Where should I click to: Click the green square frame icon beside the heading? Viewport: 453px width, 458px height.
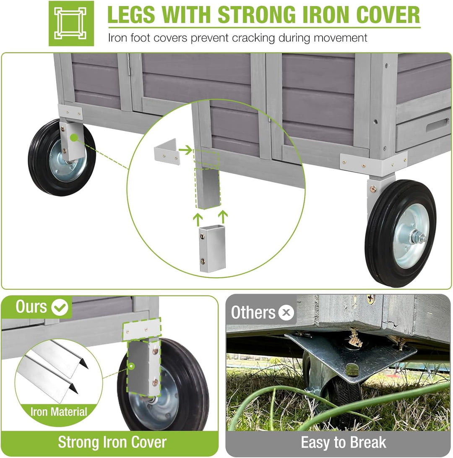coord(71,24)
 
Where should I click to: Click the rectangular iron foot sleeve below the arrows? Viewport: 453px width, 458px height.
coord(212,249)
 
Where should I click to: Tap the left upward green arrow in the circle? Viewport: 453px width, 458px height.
coord(198,220)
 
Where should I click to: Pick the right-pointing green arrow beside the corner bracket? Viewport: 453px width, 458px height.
coord(185,150)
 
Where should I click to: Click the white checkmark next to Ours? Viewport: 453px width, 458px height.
coord(60,307)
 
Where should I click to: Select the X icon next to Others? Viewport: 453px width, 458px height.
coord(286,312)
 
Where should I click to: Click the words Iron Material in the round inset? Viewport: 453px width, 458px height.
coord(59,412)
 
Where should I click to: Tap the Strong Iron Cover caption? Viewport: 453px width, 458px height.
coord(112,442)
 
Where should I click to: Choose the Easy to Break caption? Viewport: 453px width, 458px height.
coord(343,442)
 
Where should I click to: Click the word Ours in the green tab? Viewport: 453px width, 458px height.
coord(31,307)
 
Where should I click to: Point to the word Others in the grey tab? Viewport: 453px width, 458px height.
coord(253,312)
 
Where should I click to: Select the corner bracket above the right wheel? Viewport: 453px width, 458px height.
coord(373,165)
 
